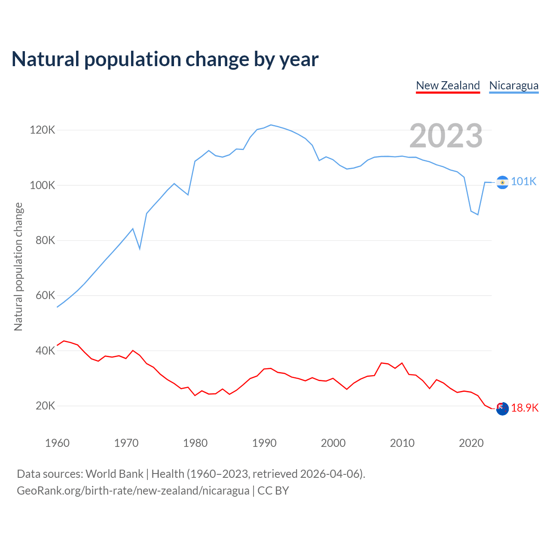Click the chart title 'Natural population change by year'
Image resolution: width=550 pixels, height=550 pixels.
click(x=165, y=59)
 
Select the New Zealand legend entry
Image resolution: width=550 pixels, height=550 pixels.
click(x=448, y=86)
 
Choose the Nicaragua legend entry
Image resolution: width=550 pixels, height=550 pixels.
click(x=513, y=86)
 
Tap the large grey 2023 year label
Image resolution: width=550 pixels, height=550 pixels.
click(x=446, y=136)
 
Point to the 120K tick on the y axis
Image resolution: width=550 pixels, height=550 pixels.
click(x=43, y=130)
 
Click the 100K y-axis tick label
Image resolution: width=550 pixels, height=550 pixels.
click(x=43, y=185)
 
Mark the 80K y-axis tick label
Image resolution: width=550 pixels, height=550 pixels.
click(x=45, y=240)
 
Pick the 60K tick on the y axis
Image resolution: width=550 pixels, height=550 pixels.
click(x=45, y=295)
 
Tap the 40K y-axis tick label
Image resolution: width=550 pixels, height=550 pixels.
click(x=45, y=351)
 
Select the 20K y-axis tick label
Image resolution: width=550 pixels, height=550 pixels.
click(x=45, y=406)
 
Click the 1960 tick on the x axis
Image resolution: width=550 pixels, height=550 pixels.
click(x=57, y=443)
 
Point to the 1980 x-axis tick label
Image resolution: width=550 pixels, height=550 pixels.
click(x=195, y=443)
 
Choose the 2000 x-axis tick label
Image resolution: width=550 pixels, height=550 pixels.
click(x=333, y=443)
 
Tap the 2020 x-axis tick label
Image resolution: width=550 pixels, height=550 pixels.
click(x=471, y=443)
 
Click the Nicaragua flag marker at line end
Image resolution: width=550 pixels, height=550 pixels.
click(x=502, y=182)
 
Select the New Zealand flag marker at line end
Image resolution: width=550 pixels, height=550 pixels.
click(x=502, y=409)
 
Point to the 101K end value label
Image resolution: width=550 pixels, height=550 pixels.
click(x=524, y=182)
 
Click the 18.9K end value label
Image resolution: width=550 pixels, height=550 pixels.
click(x=525, y=408)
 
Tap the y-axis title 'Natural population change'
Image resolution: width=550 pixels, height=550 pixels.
click(x=18, y=267)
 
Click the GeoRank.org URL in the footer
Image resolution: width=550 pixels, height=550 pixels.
click(x=133, y=491)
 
